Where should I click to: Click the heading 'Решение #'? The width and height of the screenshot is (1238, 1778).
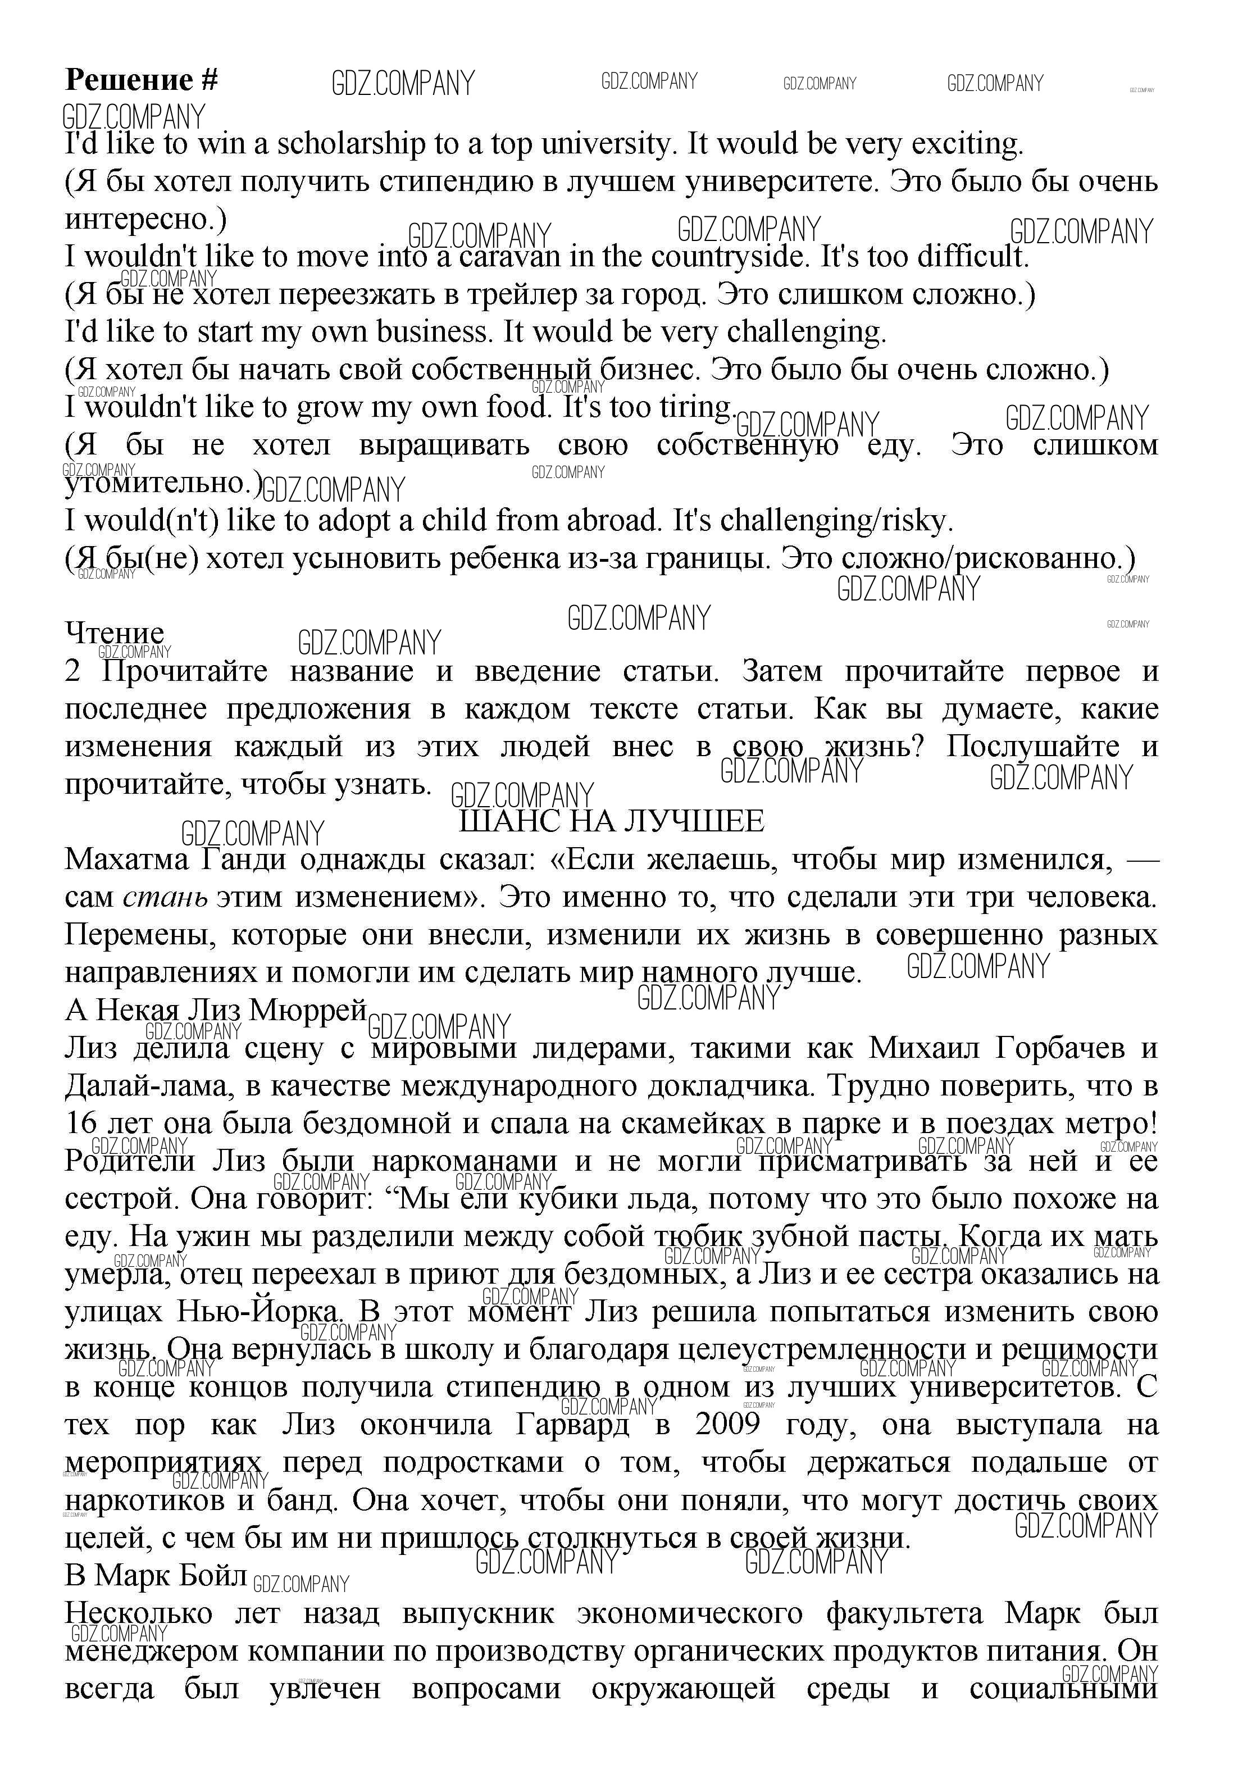(142, 80)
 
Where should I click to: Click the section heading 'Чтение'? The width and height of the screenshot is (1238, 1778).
(115, 634)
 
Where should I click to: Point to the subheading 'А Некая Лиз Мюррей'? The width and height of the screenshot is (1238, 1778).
(215, 1010)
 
